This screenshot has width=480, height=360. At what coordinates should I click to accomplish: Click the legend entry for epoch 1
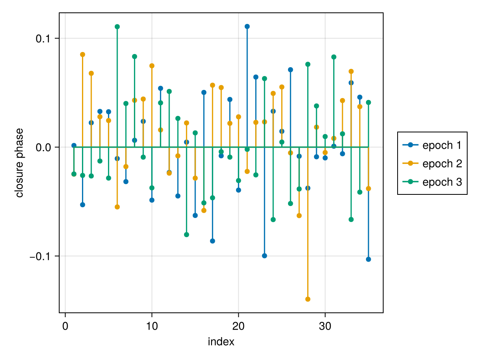coord(432,145)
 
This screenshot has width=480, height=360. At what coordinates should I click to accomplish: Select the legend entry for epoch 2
coord(432,164)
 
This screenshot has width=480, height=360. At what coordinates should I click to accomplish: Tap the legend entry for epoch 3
coord(432,182)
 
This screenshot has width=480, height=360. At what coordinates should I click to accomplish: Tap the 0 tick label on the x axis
coord(65,326)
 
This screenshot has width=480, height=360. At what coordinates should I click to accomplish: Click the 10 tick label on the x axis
coord(152,326)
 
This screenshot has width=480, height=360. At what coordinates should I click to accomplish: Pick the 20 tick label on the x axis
coord(238,326)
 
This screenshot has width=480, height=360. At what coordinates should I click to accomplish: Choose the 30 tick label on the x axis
coord(325,326)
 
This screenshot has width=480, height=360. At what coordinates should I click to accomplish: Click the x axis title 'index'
coord(221,342)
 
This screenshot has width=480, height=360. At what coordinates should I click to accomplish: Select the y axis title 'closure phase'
coord(19,163)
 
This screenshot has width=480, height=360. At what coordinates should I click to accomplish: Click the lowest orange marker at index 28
coord(308,299)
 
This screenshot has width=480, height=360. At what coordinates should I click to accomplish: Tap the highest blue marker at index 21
coord(247,26)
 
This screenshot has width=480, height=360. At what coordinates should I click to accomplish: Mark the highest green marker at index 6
coord(117,27)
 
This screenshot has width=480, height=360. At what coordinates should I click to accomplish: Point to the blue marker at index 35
coord(368,259)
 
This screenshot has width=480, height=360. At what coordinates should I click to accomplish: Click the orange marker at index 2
coord(82,54)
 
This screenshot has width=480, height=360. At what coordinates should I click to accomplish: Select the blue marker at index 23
coord(264,256)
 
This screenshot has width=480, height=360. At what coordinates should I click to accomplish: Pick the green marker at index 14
coord(186,234)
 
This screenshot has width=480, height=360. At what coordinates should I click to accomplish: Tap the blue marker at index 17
coord(212,241)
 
